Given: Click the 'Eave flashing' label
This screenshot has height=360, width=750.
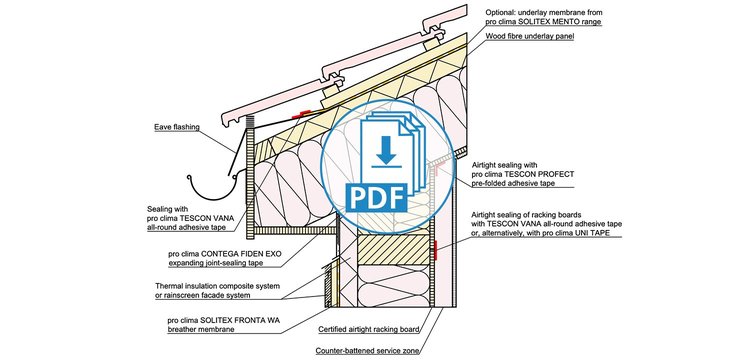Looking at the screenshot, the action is pyautogui.click(x=176, y=127).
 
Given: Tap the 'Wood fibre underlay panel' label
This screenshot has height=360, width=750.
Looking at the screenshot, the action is pyautogui.click(x=529, y=36).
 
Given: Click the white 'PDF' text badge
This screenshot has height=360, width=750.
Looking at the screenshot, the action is pyautogui.click(x=377, y=196).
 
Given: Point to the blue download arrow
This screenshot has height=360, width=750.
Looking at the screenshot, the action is pyautogui.click(x=386, y=153).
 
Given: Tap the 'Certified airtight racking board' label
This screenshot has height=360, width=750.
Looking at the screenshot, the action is pyautogui.click(x=369, y=329).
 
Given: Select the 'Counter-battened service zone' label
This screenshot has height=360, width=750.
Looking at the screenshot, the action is pyautogui.click(x=368, y=351).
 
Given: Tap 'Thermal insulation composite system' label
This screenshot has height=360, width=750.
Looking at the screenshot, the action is pyautogui.click(x=217, y=286).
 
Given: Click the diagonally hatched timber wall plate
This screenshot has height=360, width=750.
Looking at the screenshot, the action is pyautogui.click(x=393, y=249).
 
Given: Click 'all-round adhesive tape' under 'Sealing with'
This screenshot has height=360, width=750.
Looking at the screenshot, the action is pyautogui.click(x=187, y=228).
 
